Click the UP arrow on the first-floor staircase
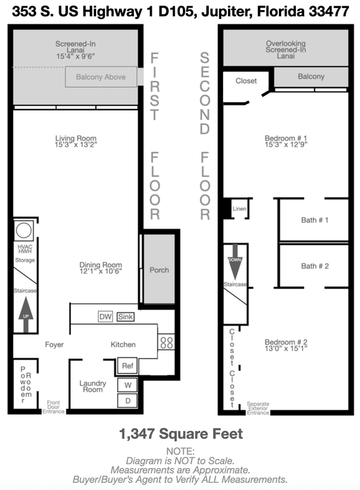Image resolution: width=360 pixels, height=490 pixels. (26, 314)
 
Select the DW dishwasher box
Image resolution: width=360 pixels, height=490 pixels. (105, 316)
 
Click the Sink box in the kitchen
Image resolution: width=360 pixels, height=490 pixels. (125, 316)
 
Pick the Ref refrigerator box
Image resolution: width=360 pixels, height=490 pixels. (127, 365)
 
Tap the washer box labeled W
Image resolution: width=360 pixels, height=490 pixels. (127, 385)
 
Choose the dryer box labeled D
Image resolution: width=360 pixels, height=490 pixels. (127, 401)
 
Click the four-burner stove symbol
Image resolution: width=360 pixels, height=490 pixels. (166, 342)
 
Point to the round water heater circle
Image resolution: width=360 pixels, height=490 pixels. (24, 231)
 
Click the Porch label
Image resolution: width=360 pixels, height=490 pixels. (159, 270)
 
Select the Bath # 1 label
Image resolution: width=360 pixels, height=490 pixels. (314, 220)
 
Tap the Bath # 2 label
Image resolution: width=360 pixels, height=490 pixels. (314, 266)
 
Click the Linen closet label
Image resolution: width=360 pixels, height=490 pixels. (239, 209)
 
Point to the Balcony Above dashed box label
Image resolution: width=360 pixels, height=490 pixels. (101, 77)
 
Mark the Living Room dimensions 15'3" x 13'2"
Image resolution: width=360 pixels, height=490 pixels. (76, 144)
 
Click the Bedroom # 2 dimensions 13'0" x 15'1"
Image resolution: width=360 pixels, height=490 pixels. (286, 348)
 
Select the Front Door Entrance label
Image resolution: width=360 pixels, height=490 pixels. (54, 407)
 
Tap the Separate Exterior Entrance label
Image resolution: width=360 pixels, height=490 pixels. (258, 408)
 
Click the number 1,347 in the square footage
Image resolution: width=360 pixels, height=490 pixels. (137, 434)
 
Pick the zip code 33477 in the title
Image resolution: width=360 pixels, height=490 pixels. (329, 12)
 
